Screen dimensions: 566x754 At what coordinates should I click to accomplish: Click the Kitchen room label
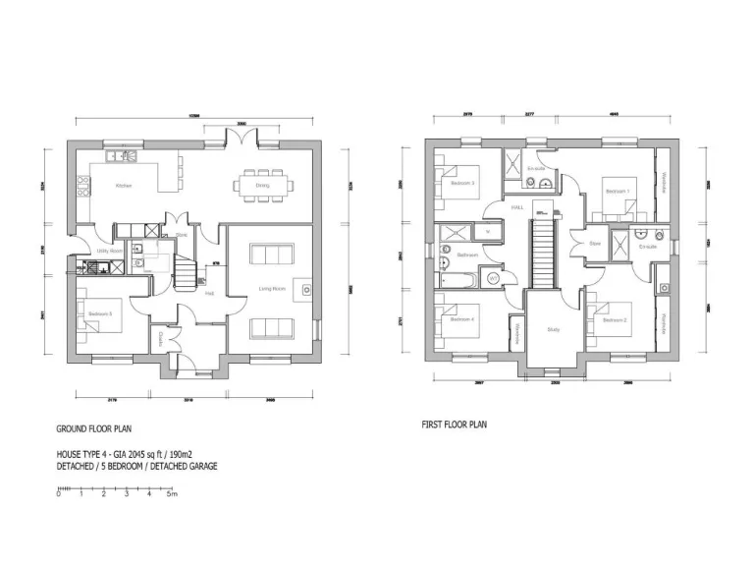(124, 186)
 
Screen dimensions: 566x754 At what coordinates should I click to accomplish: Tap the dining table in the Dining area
(263, 184)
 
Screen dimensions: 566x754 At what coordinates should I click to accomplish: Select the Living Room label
(272, 288)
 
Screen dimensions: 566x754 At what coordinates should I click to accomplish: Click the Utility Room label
(108, 251)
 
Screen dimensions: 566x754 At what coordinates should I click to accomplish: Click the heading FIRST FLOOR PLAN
(453, 424)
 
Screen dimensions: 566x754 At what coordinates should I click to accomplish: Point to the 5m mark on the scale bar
(172, 493)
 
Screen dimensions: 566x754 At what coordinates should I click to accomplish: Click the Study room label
(553, 329)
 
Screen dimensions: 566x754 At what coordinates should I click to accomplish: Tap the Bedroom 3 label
(462, 184)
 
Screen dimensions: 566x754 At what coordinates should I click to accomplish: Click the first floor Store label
(594, 244)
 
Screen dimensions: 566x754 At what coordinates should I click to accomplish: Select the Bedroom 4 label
(462, 319)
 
